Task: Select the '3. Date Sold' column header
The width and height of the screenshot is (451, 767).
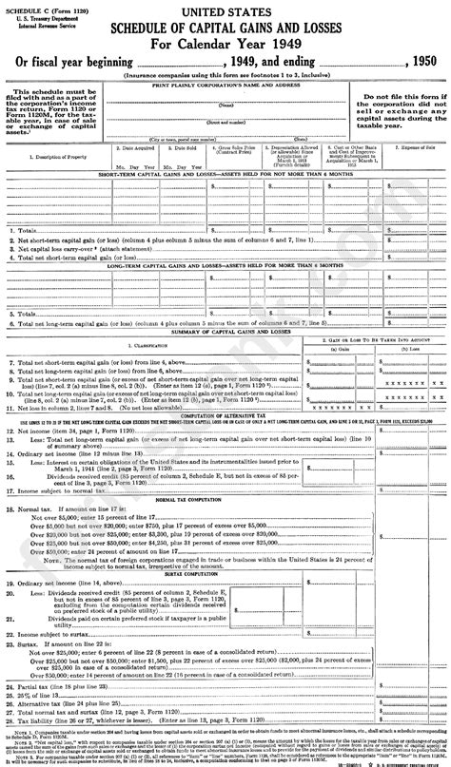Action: pyautogui.click(x=174, y=149)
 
